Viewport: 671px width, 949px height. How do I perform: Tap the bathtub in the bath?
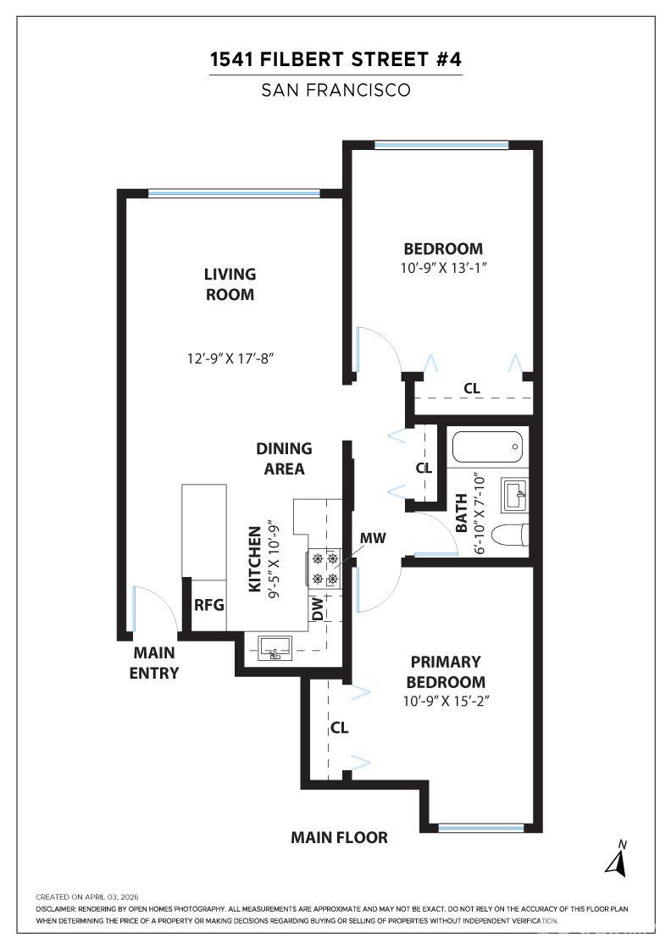point(488,447)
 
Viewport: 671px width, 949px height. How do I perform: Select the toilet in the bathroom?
point(509,535)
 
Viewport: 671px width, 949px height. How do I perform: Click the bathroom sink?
point(514,495)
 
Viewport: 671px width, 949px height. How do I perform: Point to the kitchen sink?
point(274,647)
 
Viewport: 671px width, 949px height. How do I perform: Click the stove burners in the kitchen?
point(325,569)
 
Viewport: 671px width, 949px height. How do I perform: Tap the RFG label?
point(208,605)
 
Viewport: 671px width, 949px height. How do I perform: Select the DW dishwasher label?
point(318,608)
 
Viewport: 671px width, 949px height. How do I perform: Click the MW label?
point(373,538)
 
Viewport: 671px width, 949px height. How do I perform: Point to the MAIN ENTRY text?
point(154,663)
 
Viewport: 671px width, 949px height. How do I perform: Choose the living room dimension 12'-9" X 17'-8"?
point(230,358)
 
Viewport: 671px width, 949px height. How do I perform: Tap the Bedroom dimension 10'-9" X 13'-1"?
point(443,268)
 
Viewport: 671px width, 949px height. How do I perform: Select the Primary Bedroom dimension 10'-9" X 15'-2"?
point(446,702)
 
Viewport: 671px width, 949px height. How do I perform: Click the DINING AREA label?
point(284,458)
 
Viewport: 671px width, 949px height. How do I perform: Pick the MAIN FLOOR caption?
point(339,838)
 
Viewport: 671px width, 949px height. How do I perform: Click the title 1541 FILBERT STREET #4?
point(335,59)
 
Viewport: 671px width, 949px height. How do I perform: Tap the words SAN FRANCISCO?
point(335,90)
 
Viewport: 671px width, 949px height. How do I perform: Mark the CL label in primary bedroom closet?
point(340,728)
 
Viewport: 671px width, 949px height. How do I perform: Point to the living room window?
point(234,194)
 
